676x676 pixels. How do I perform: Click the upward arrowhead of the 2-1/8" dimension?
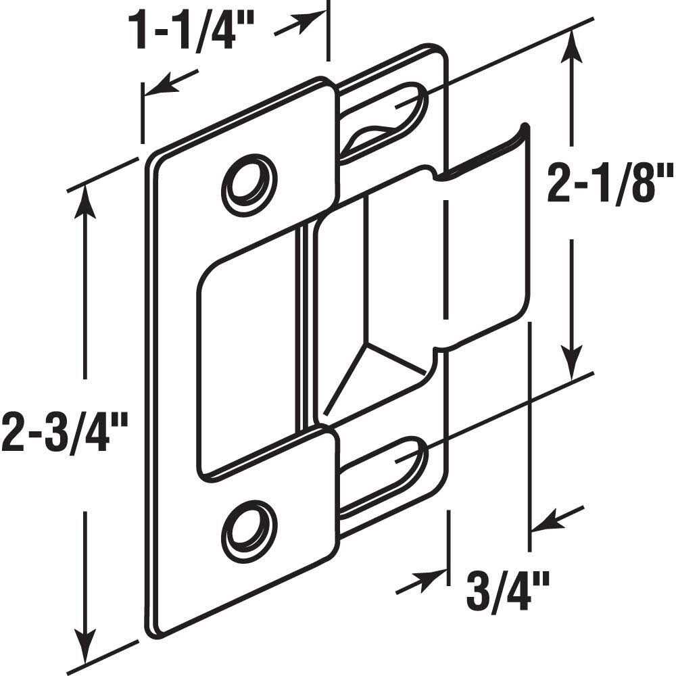tap(573, 46)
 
